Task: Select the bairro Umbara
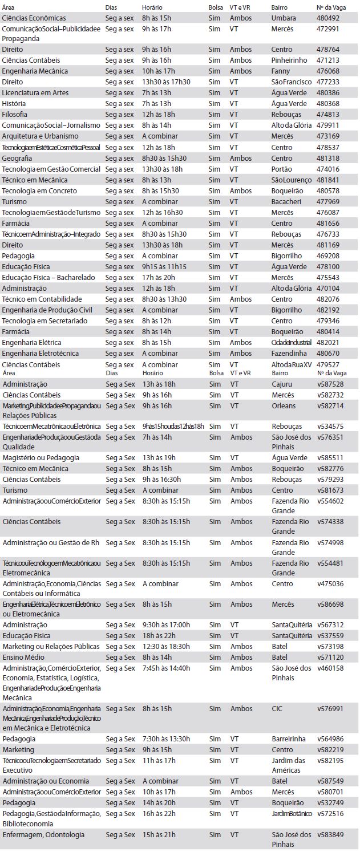pyautogui.click(x=284, y=18)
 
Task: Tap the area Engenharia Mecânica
pyautogui.click(x=35, y=71)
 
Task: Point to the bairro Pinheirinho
pyautogui.click(x=289, y=60)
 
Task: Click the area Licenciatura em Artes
pyautogui.click(x=35, y=93)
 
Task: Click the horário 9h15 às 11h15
pyautogui.click(x=164, y=267)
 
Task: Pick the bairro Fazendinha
pyautogui.click(x=289, y=354)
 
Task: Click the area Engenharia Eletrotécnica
pyautogui.click(x=40, y=354)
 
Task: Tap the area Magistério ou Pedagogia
pyautogui.click(x=41, y=458)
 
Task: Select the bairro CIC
pyautogui.click(x=277, y=709)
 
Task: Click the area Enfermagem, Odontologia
pyautogui.click(x=43, y=835)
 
